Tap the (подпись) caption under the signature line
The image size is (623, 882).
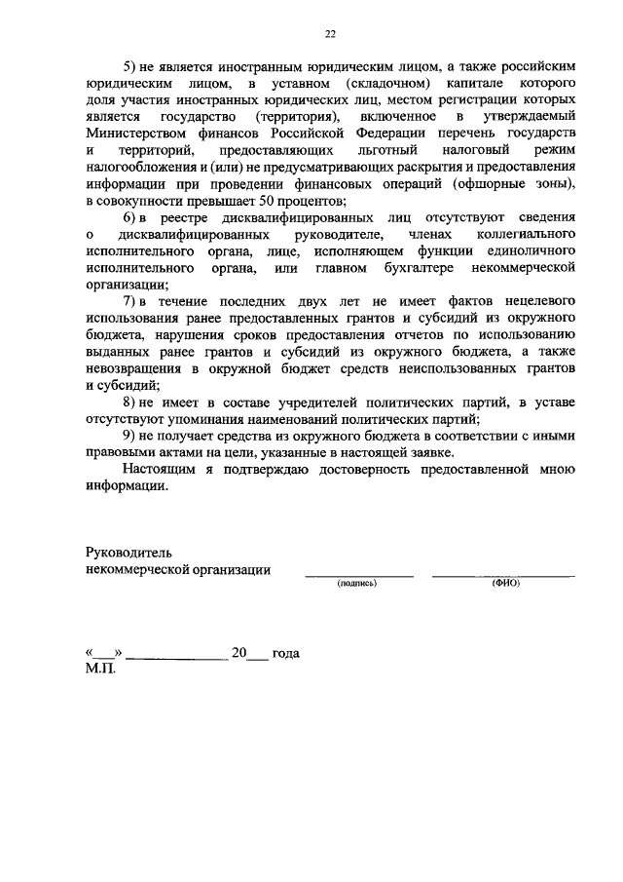click(x=357, y=584)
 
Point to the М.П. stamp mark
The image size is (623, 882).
click(x=100, y=671)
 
